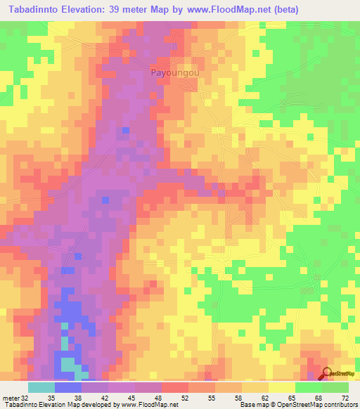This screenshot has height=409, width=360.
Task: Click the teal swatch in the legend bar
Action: [x=41, y=387]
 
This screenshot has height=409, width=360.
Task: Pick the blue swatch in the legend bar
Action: [x=68, y=387]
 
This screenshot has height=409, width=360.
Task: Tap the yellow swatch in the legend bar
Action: [x=282, y=387]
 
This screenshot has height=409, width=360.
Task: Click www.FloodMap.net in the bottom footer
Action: [x=150, y=404]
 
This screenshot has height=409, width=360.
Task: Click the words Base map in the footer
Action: [x=255, y=404]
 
